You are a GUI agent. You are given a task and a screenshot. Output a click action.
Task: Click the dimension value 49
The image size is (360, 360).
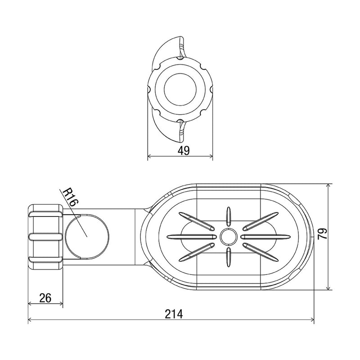click(x=184, y=151)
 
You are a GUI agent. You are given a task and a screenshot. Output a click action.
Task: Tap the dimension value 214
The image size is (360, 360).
click(x=174, y=314)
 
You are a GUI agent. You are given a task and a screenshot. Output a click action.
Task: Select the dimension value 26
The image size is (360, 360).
click(x=45, y=298)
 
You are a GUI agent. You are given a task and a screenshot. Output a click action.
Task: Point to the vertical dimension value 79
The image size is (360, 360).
click(x=322, y=234)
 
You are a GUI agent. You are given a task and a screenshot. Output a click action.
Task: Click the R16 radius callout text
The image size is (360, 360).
click(x=71, y=197)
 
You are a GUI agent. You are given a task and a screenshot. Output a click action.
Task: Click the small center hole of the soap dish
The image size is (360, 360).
click(x=229, y=237)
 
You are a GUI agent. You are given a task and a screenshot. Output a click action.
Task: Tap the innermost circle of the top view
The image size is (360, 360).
click(x=180, y=90)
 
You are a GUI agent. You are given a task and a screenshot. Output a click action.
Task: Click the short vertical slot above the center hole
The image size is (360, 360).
click(x=229, y=216)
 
